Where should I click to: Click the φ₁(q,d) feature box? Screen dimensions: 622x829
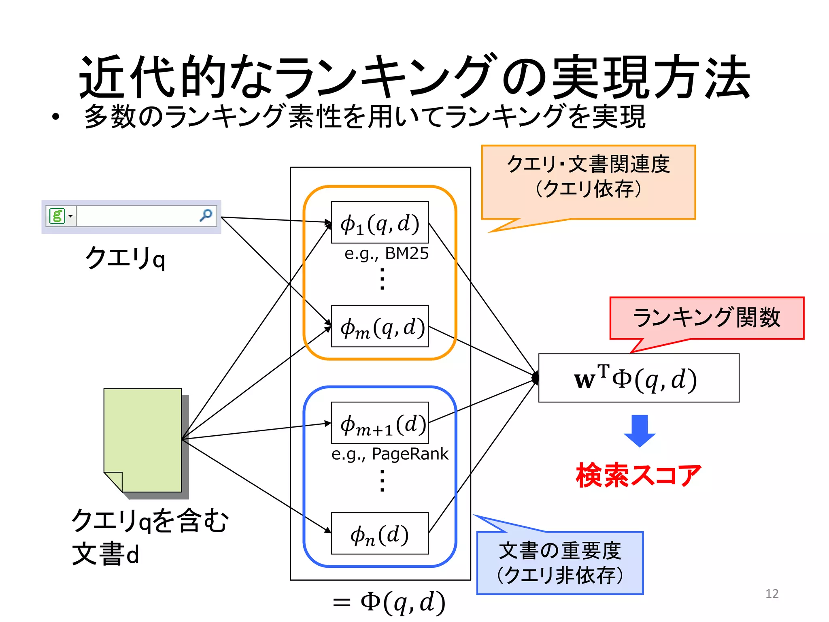click(x=380, y=222)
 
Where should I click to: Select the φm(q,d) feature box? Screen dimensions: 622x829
click(x=380, y=326)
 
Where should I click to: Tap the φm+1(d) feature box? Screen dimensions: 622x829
click(x=380, y=423)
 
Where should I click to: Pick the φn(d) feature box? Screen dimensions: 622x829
click(x=380, y=533)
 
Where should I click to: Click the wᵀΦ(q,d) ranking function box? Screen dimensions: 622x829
click(x=638, y=378)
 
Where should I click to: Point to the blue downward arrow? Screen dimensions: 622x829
click(x=640, y=430)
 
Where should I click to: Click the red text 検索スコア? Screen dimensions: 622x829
click(x=638, y=475)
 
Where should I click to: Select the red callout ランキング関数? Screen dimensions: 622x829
click(x=706, y=318)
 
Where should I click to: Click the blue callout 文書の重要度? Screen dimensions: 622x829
click(x=560, y=563)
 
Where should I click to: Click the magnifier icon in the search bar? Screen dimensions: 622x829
click(x=206, y=215)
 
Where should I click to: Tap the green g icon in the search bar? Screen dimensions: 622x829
click(x=57, y=215)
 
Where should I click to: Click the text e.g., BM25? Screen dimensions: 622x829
click(x=386, y=254)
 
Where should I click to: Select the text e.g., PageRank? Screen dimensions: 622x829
click(x=389, y=454)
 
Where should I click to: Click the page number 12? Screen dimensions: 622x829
click(x=772, y=594)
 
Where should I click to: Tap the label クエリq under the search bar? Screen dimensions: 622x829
click(x=125, y=258)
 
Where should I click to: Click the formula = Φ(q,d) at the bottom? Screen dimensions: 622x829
click(x=389, y=602)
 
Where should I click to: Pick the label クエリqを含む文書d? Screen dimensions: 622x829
click(x=150, y=537)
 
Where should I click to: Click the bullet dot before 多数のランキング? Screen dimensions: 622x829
click(x=56, y=117)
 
